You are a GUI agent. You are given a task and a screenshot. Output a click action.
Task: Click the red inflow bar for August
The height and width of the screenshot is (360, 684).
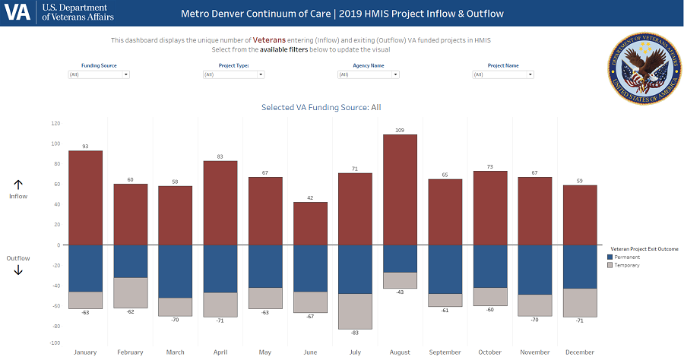coord(400,190)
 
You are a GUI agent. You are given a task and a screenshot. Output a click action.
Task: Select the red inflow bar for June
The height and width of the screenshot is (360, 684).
coord(310,223)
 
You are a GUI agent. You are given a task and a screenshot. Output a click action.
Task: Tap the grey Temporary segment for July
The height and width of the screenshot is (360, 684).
coord(355,311)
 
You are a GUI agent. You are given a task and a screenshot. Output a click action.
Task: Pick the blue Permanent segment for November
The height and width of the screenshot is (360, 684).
coord(534,270)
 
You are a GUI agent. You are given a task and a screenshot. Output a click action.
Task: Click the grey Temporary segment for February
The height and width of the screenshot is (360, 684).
coord(131,292)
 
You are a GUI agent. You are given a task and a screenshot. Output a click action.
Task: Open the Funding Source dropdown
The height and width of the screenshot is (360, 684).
coord(99,74)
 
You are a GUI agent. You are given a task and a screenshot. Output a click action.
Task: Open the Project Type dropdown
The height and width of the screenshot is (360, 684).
coord(233,74)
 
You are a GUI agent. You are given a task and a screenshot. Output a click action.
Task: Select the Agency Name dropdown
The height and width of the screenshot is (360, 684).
coord(369,74)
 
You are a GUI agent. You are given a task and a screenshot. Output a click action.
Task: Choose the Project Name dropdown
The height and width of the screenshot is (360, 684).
coord(503,74)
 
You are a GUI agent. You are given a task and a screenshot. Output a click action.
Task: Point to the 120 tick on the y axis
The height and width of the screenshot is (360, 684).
coord(55,123)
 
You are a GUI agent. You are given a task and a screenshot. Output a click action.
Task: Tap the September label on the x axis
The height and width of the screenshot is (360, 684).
coord(445,352)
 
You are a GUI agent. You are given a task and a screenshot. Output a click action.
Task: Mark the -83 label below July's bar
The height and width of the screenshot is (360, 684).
coord(355,333)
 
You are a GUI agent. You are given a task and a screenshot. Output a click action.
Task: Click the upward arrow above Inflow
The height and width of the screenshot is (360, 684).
coord(18,185)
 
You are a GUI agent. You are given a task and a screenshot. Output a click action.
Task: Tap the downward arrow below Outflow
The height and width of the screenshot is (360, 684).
coord(18,270)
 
